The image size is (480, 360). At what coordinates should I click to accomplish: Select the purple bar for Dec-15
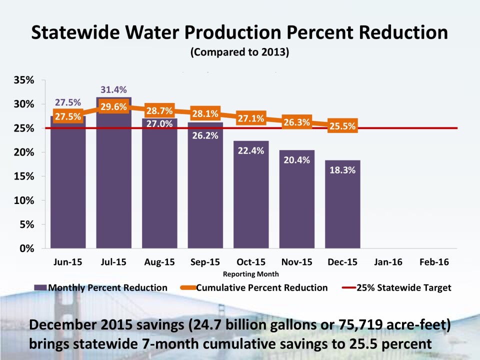[x=342, y=210]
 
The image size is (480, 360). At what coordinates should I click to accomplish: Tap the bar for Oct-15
[x=251, y=200]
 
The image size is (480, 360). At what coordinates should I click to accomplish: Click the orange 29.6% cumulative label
[x=114, y=106]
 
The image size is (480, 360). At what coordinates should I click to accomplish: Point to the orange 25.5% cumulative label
[x=342, y=126]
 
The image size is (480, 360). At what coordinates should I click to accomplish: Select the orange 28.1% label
[x=205, y=113]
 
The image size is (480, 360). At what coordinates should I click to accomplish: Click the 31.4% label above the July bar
[x=114, y=89]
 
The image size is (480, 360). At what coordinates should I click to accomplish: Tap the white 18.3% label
[x=342, y=170]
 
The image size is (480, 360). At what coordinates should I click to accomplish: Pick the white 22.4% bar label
[x=251, y=150]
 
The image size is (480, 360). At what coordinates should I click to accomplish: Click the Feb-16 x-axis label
[x=434, y=262]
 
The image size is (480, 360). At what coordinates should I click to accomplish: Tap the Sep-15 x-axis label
[x=205, y=262]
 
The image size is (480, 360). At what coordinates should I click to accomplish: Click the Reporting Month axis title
[x=251, y=274]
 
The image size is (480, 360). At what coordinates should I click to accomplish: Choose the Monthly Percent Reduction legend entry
[x=101, y=287]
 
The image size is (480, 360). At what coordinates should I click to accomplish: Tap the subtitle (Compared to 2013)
[x=239, y=52]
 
